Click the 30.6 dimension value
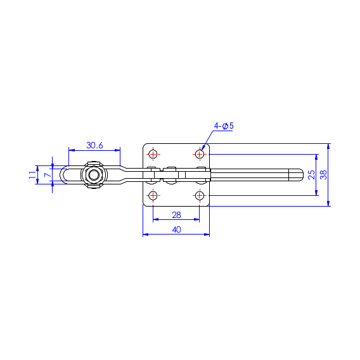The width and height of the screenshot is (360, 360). (x=94, y=145)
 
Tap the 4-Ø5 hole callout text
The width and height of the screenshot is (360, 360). (x=224, y=126)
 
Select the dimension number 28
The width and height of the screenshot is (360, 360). (x=176, y=215)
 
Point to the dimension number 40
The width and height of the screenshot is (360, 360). (x=176, y=229)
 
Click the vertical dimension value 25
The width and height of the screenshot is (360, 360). (x=311, y=175)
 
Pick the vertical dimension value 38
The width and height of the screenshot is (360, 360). (x=323, y=175)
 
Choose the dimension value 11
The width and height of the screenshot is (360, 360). (x=32, y=175)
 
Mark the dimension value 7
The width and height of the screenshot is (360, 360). (x=48, y=175)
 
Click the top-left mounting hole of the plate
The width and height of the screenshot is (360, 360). (x=153, y=154)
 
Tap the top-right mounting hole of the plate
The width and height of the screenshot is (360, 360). (x=200, y=154)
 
